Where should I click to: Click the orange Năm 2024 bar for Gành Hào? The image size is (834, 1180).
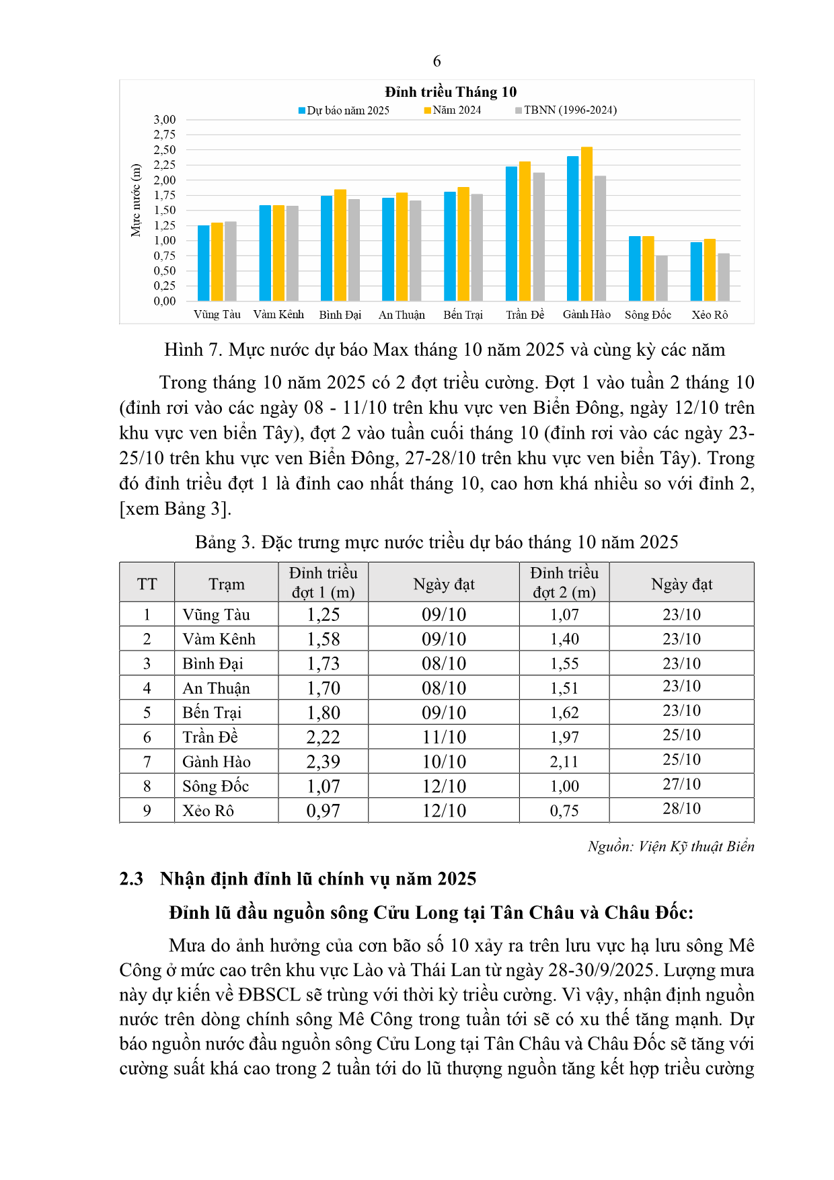(586, 224)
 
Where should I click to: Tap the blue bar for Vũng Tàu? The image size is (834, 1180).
(203, 263)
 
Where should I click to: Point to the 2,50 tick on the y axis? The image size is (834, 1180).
(165, 150)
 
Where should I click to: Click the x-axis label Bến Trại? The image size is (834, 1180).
(463, 315)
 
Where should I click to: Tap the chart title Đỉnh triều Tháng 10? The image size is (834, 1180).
(451, 92)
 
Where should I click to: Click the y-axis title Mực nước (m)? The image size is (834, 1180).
(136, 200)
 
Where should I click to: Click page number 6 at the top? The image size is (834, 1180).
(437, 61)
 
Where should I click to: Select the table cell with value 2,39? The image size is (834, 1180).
(323, 762)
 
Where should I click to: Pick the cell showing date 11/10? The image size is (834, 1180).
(444, 737)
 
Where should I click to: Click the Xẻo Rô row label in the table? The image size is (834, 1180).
(208, 811)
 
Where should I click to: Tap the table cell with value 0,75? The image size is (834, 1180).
(564, 811)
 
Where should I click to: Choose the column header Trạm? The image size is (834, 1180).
(227, 584)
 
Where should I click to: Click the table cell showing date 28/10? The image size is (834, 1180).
(681, 809)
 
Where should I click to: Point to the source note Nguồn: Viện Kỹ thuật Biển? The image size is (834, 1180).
(671, 846)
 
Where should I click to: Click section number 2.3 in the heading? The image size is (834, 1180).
(131, 879)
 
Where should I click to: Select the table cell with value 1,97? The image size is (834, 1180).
(564, 737)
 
